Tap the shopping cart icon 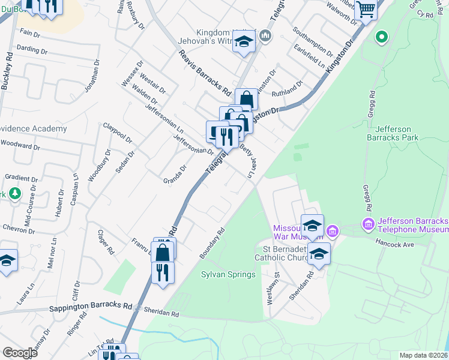tap(365, 10)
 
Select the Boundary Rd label tap(212, 242)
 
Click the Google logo tap(20, 352)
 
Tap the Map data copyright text tap(424, 355)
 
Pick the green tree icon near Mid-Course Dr tap(15, 194)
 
